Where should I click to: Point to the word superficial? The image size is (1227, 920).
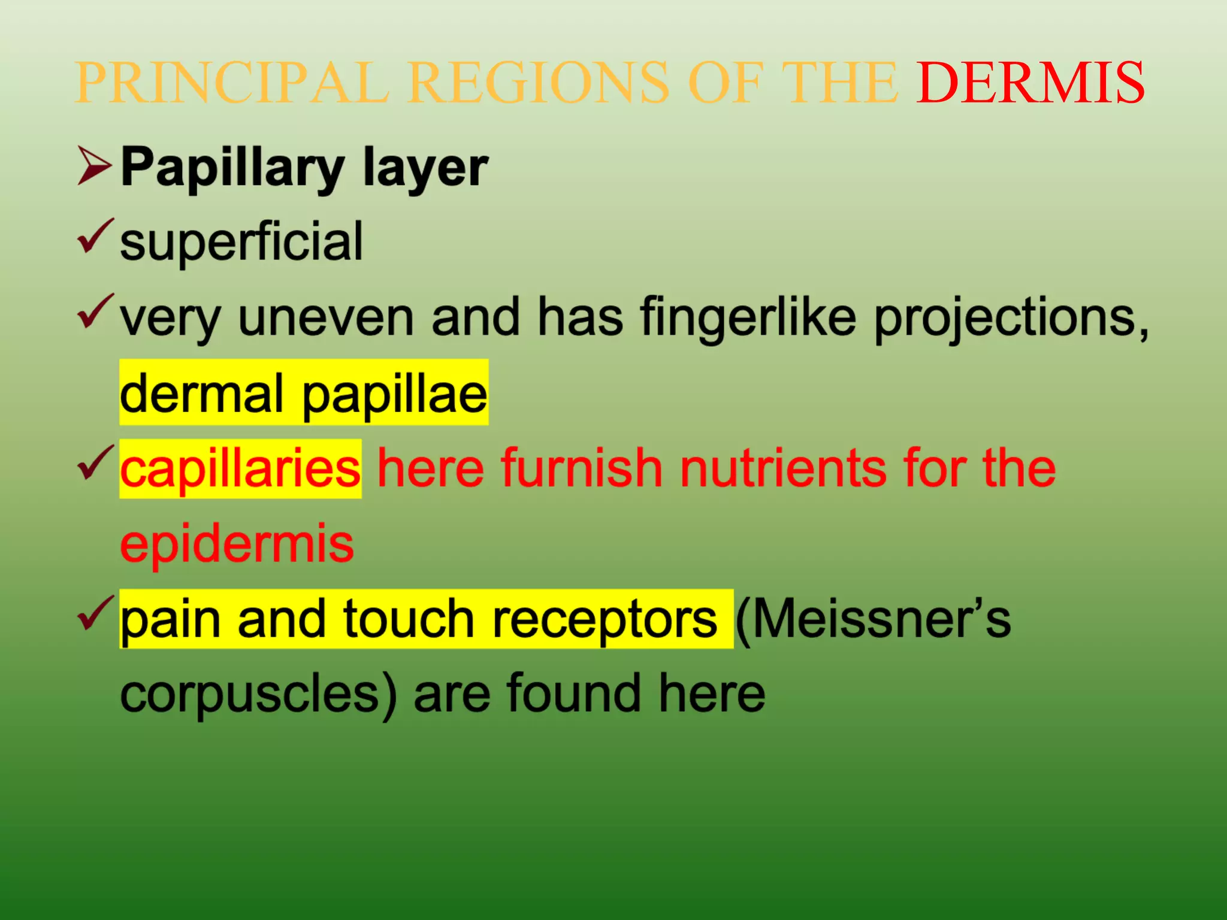[241, 241]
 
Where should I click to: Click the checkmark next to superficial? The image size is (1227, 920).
[95, 237]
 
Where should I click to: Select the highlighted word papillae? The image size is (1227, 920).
[395, 395]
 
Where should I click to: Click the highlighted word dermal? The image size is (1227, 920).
[201, 394]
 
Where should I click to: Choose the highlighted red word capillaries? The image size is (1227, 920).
[240, 469]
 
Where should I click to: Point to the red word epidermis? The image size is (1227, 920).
[237, 544]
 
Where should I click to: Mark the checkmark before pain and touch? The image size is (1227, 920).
[95, 613]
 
